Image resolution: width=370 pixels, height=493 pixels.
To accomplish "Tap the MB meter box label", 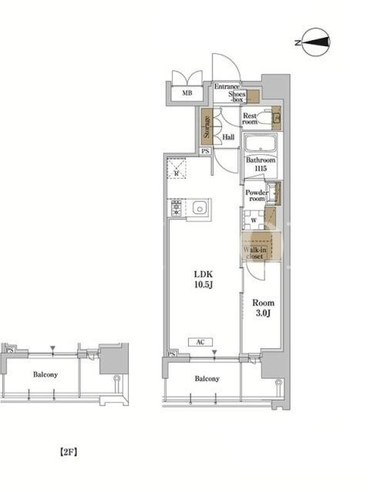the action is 187,93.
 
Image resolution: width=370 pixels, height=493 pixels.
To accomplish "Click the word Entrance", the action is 226,86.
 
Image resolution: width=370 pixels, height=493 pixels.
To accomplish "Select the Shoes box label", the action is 237,97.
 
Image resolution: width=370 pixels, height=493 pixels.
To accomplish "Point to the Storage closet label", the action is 207,127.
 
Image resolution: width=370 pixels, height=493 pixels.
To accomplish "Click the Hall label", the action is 228,137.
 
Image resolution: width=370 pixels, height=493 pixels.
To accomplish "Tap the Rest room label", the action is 250,118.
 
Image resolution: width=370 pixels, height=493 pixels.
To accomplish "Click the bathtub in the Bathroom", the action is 260,144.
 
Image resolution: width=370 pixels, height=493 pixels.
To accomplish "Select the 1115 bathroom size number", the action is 261,168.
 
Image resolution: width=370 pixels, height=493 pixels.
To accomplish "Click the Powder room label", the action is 257,195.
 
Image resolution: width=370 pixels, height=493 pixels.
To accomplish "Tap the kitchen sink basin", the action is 199,208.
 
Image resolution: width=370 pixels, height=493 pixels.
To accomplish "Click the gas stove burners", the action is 176,208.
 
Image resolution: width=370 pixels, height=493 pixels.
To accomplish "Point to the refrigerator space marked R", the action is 176,168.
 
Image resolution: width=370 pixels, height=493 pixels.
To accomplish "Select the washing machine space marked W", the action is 253,220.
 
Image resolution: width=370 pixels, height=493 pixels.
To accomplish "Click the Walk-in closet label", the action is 255,253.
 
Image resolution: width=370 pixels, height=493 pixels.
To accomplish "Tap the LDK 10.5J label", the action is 203,279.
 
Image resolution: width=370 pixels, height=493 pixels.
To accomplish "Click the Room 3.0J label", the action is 263,308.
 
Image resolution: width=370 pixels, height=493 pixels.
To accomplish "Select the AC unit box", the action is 200,342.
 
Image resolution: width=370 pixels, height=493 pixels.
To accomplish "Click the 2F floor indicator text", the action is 68,452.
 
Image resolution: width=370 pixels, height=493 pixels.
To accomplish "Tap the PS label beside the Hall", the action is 205,151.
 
